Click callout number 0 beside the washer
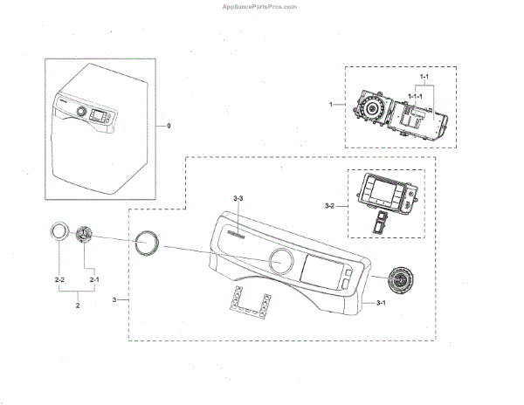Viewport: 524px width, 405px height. (169, 127)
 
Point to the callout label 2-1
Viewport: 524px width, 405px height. (93, 278)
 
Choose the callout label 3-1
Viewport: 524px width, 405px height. (381, 304)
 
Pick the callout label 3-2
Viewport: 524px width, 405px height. (329, 206)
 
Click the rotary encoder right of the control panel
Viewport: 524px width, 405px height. (402, 281)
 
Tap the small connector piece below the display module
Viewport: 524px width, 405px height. (382, 220)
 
